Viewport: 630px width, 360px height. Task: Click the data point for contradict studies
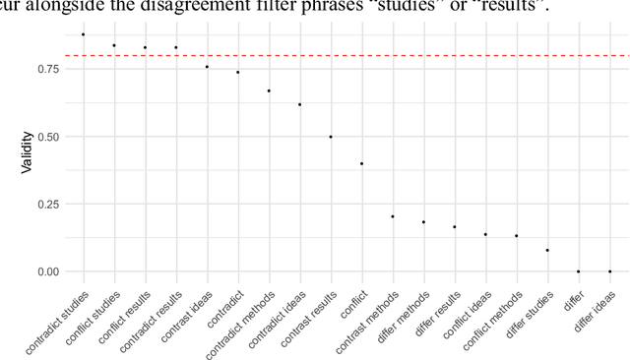[83, 34]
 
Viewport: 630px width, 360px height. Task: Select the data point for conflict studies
[114, 45]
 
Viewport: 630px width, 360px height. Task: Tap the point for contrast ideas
[207, 67]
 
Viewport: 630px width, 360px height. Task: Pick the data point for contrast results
[331, 137]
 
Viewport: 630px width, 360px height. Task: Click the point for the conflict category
[361, 163]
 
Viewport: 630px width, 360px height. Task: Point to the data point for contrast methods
[393, 216]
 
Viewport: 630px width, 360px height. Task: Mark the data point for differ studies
[547, 250]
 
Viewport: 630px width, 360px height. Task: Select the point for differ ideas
[609, 271]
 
